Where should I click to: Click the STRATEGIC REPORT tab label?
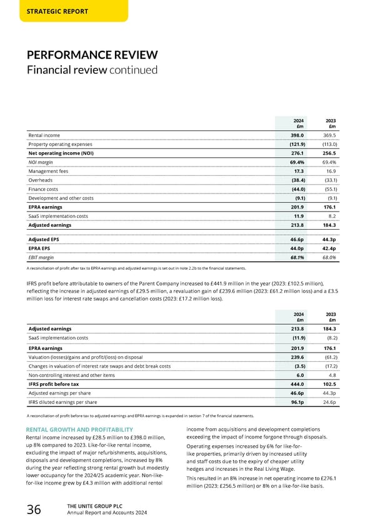(x=57, y=11)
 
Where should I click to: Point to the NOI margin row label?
(x=41, y=162)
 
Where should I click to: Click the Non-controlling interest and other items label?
(x=72, y=374)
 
